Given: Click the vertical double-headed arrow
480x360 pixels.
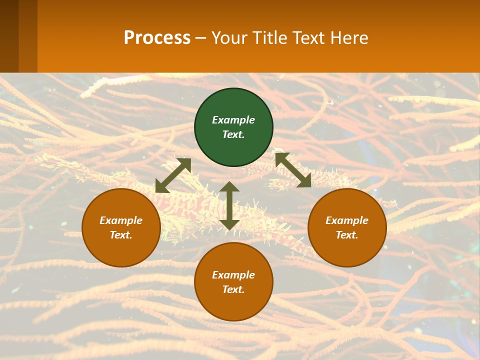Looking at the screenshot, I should pos(229,205).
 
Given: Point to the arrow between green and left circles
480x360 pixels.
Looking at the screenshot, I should pos(173,175).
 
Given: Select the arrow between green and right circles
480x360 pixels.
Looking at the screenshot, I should pos(293,170).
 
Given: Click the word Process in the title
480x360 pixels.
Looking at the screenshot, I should pos(157,37).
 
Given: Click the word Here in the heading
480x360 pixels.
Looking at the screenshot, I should pos(350,37).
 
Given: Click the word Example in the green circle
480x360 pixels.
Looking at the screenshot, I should pos(233,120).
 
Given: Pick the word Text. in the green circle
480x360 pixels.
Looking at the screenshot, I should pos(233,134).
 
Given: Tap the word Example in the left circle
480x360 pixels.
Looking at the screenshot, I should pos(121,220).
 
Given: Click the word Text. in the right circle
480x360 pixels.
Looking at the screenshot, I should pos(347,235).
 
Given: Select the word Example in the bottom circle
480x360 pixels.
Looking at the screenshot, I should pos(233,275).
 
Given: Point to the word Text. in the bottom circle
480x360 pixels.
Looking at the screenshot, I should pos(233,289).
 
